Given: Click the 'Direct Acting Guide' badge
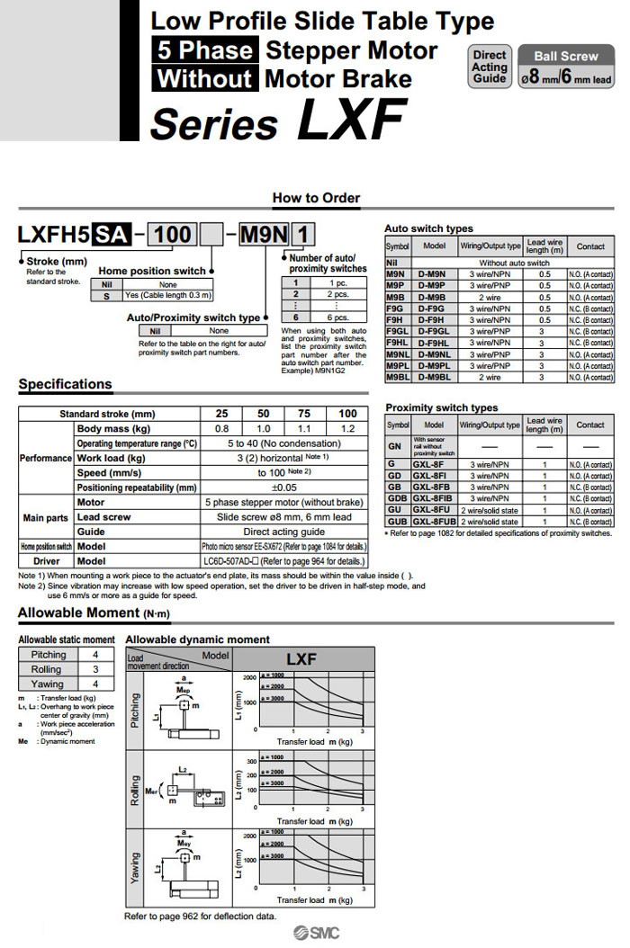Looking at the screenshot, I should click(490, 67).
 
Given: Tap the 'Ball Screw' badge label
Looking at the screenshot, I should click(566, 56).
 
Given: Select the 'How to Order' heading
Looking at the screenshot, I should click(316, 198).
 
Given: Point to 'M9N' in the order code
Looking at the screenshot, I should click(265, 236).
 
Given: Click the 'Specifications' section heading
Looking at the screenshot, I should click(66, 384).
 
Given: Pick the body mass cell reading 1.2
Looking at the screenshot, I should click(347, 429).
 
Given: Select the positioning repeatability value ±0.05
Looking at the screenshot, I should click(283, 487).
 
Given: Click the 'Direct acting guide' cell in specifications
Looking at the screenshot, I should click(283, 532).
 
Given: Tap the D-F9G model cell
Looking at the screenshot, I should click(434, 308).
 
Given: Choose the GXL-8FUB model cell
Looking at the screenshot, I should click(434, 521).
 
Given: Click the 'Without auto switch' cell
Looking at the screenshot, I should click(514, 262).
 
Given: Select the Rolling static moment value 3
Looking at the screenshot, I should click(94, 669).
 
